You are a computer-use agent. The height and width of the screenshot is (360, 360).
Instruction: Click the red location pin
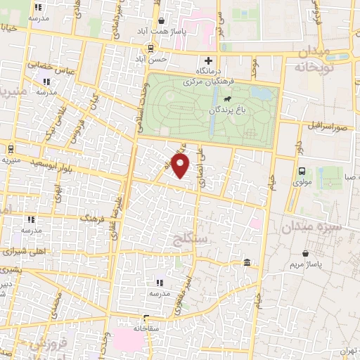[181, 167]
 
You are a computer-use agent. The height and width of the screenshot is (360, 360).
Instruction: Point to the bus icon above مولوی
[302, 171]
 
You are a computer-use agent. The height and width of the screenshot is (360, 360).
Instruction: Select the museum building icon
[247, 262]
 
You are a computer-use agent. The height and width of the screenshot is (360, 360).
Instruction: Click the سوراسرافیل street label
[327, 125]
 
